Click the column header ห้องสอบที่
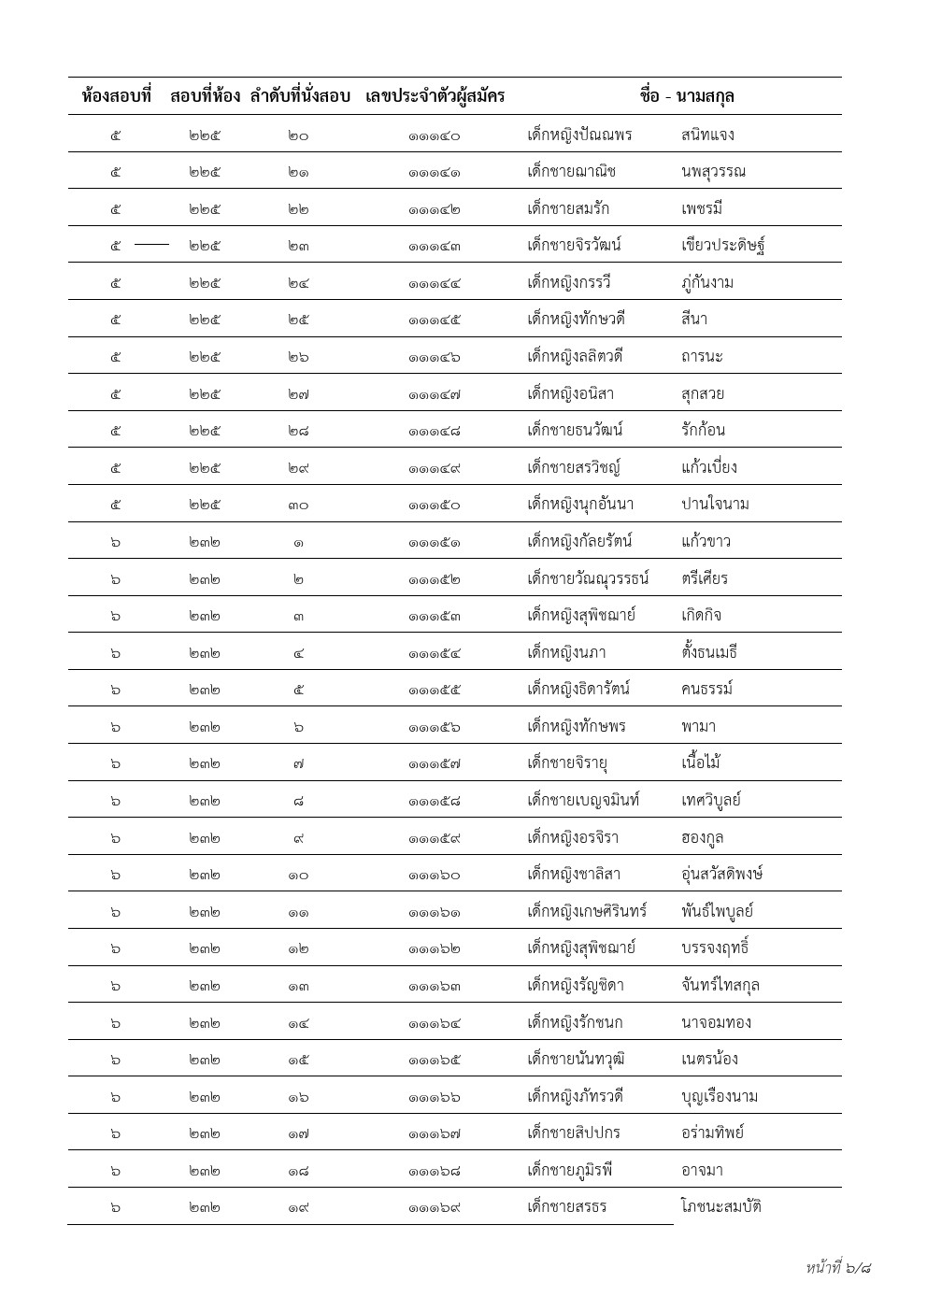click(117, 96)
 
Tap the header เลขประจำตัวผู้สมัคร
click(435, 96)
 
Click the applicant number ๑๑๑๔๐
click(435, 135)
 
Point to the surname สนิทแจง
click(708, 135)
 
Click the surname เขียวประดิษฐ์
click(724, 246)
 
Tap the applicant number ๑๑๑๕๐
click(435, 506)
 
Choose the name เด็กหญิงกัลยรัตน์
click(580, 542)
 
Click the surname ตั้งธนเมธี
click(710, 652)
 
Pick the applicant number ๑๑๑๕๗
click(435, 764)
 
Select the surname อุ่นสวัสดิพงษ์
click(723, 875)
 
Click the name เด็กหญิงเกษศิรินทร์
click(588, 911)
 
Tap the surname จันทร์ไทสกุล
click(720, 985)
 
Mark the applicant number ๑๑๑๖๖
click(435, 1097)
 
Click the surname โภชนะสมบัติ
click(721, 1206)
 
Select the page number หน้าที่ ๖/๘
click(838, 1268)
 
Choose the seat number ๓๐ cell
click(298, 506)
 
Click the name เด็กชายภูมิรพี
click(571, 1170)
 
